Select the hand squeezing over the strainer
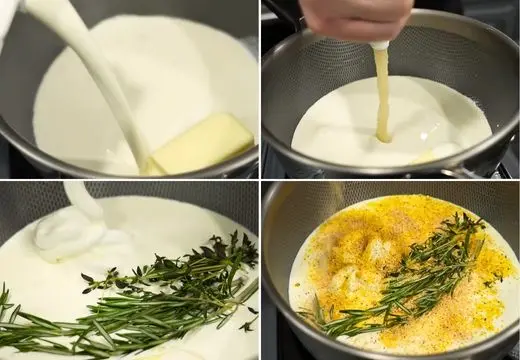(355, 18)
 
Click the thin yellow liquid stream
(381, 90)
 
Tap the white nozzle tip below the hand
(380, 45)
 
